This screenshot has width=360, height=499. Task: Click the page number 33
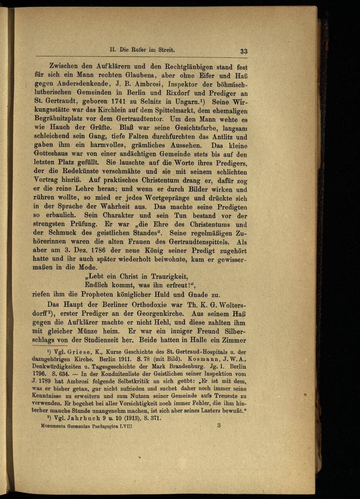pos(244,51)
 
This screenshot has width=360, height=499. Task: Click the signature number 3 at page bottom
pos(219,426)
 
